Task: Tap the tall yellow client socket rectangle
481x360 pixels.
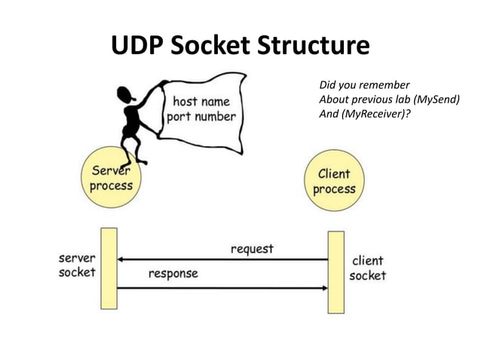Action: point(335,271)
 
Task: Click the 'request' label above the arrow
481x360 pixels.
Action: point(252,249)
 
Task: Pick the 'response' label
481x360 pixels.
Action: point(173,273)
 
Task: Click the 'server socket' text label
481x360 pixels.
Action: point(77,264)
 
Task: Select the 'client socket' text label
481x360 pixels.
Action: point(367,268)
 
